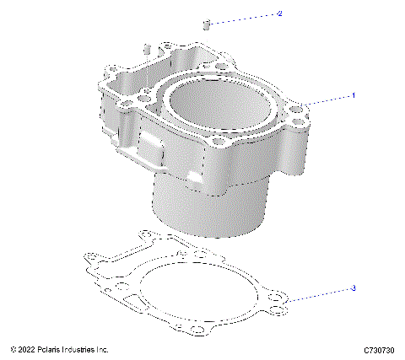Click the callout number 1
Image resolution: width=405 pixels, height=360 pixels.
(354, 96)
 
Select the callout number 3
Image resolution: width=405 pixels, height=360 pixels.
(354, 288)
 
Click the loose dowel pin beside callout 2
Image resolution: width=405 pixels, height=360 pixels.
(204, 21)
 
